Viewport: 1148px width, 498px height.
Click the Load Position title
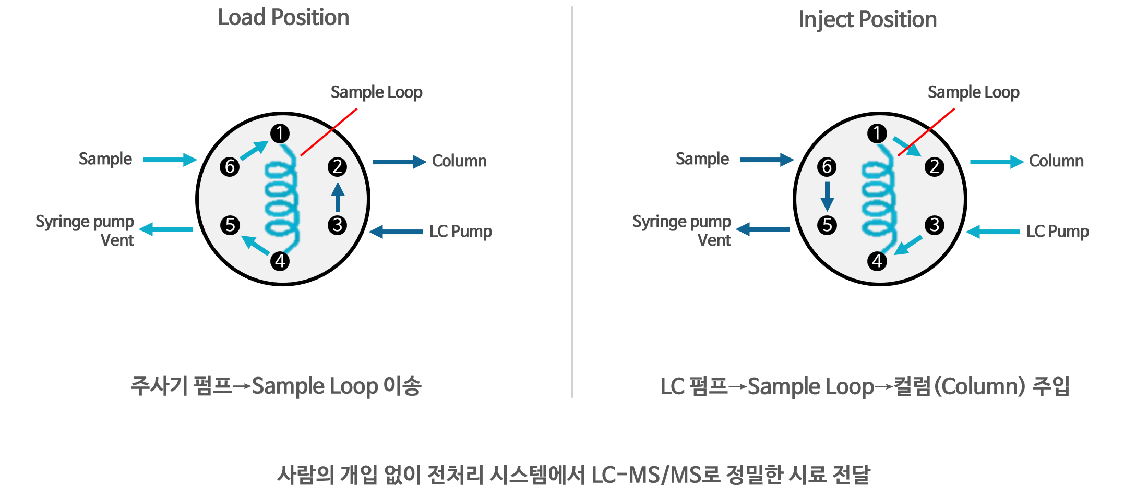point(283,18)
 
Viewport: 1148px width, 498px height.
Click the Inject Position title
point(867,20)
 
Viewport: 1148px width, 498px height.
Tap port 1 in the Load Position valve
point(280,133)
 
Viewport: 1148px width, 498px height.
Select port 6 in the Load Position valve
point(230,167)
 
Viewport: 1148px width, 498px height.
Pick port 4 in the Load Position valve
point(280,261)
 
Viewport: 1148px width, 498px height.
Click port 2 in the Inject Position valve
point(934,167)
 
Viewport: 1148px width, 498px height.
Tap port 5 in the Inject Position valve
point(827,225)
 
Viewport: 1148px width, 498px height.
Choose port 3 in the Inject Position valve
point(934,225)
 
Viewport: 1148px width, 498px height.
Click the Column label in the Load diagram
point(459,161)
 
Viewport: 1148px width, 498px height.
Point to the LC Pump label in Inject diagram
point(1057,231)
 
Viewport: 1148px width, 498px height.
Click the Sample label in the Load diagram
point(105,159)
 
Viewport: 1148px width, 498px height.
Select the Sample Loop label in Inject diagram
point(973,92)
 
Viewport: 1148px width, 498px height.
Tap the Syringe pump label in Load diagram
point(85,222)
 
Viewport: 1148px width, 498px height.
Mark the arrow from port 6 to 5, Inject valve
point(827,196)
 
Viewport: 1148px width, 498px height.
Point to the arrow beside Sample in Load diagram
point(170,160)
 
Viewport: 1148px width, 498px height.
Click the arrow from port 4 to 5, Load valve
point(255,245)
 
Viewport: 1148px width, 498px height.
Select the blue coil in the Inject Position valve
point(879,198)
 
